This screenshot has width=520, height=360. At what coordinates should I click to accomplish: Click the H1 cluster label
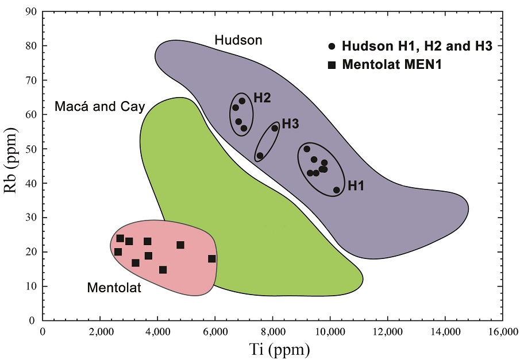tap(356, 185)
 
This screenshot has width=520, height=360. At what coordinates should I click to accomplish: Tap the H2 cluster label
tap(261, 98)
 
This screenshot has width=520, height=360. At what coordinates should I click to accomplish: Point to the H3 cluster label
tap(290, 123)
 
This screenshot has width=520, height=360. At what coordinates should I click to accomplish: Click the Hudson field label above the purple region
tap(238, 40)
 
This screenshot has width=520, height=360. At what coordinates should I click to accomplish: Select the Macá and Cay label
tap(100, 106)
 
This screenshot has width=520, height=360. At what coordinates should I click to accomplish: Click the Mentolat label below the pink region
tap(114, 287)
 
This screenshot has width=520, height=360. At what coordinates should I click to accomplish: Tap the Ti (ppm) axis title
tap(272, 348)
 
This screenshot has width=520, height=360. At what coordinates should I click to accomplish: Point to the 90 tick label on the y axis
tap(32, 11)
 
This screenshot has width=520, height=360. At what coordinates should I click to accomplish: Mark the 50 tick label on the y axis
tap(32, 149)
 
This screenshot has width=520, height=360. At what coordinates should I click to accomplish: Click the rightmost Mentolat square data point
tap(212, 259)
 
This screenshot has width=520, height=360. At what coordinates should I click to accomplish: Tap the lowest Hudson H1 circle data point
tap(337, 190)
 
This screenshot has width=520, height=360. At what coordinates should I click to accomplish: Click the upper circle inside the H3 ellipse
tap(275, 128)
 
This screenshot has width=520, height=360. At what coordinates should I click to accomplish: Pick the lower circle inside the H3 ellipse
tap(260, 156)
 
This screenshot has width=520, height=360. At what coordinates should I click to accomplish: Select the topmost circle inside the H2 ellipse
tap(242, 101)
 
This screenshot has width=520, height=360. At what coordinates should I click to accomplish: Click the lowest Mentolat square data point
tap(163, 270)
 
